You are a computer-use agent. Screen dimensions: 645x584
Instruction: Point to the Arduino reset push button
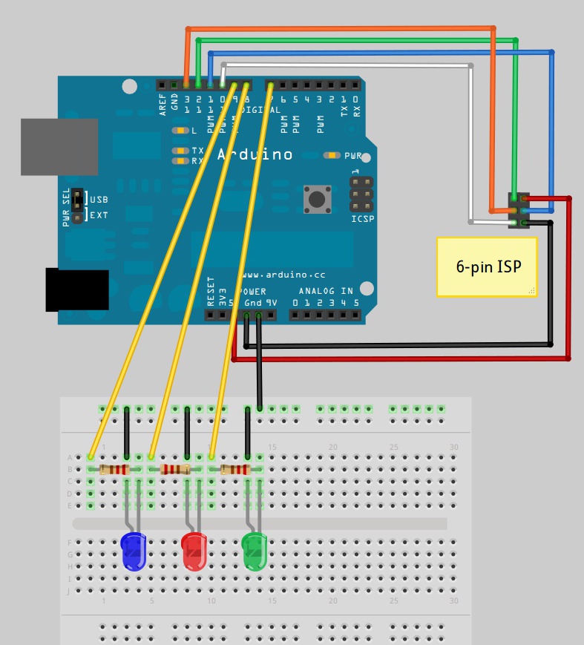pos(317,199)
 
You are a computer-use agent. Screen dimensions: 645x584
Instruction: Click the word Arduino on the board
pos(255,155)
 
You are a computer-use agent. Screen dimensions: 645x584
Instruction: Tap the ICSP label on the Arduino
pos(362,219)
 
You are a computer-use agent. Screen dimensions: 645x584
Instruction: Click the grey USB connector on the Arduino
pos(59,147)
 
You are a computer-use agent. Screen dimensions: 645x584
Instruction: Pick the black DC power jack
pos(77,290)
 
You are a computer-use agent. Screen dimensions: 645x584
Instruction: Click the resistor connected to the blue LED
pos(115,469)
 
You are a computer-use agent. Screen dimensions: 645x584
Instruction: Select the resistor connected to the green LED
pos(235,469)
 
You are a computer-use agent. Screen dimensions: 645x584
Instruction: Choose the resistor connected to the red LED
pos(175,469)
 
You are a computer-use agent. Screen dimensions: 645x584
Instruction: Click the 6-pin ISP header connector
pos(519,210)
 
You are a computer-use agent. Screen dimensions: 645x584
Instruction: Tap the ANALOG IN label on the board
pos(327,292)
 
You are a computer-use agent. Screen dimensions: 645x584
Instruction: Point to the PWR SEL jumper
pos(77,207)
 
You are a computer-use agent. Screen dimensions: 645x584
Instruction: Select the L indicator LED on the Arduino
pos(180,131)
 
